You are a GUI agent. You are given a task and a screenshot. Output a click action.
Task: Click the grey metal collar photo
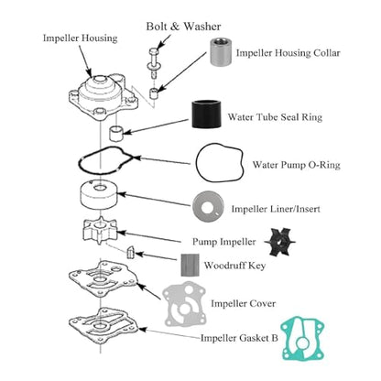220,52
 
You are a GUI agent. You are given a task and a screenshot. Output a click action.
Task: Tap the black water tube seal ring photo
206,114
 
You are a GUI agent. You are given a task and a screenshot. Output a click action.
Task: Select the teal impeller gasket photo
302,339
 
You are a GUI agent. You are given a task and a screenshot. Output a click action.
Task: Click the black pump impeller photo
279,242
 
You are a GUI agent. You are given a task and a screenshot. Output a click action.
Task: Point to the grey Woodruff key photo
190,265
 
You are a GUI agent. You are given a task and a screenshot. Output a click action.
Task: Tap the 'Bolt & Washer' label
183,27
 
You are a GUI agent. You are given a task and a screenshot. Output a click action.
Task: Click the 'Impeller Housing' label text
80,38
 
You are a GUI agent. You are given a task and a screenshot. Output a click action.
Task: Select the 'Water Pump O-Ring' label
296,165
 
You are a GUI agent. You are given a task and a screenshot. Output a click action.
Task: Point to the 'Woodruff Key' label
234,266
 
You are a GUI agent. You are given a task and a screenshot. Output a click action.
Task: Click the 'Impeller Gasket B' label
239,338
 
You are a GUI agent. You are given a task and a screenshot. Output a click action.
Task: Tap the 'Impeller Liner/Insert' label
276,209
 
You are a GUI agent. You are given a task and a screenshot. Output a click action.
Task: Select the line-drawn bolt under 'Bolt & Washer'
153,63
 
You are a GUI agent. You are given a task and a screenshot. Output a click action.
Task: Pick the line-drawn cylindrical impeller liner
98,195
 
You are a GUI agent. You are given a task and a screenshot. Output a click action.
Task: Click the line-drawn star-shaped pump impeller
100,231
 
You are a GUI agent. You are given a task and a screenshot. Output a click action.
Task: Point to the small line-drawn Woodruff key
130,253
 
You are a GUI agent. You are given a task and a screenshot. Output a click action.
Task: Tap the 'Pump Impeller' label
223,242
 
